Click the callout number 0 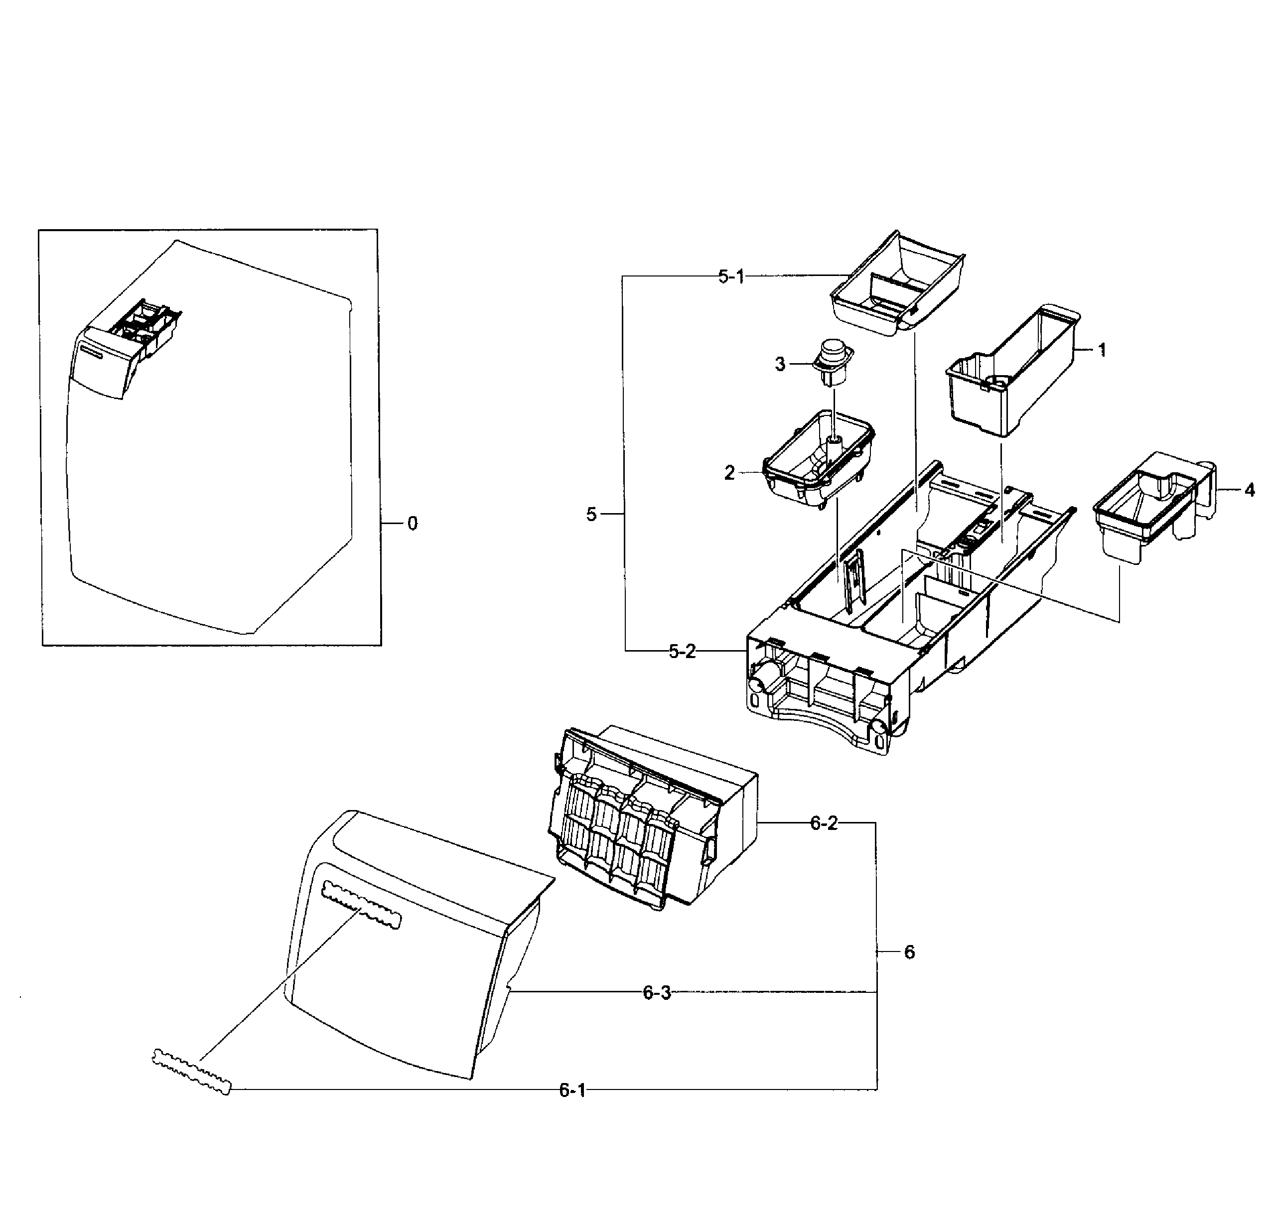(412, 524)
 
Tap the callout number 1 (1102, 350)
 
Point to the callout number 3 (780, 365)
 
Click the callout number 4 (1249, 490)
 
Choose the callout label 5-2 (682, 652)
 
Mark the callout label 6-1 (572, 1090)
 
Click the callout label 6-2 (824, 823)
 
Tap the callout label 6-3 (657, 993)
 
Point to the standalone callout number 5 (591, 515)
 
